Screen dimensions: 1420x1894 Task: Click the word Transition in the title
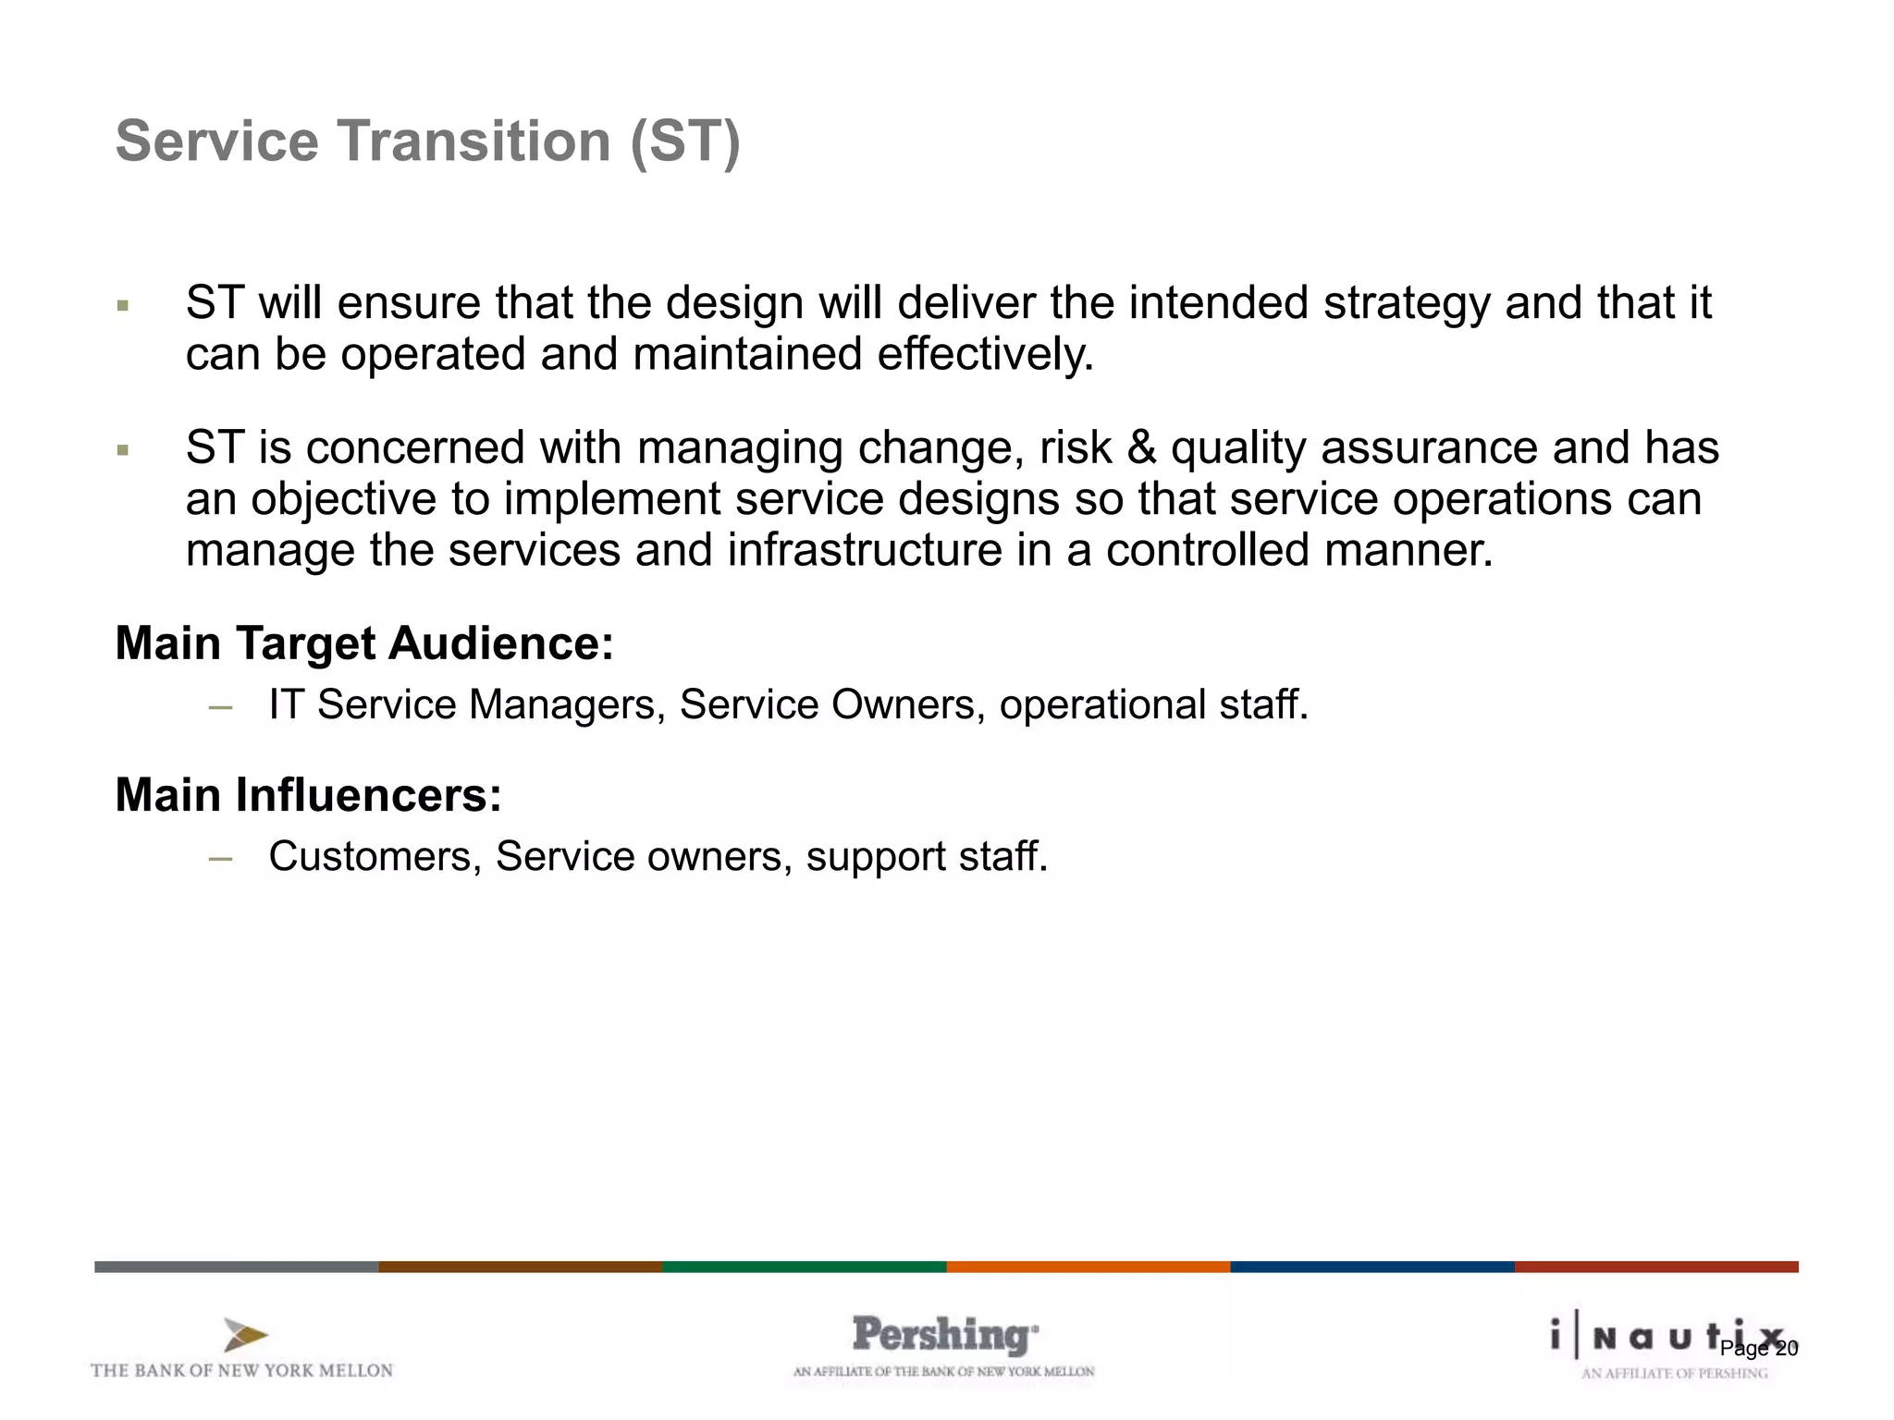(473, 141)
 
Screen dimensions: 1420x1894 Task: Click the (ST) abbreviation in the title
(685, 141)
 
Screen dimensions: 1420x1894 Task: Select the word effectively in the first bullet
(985, 355)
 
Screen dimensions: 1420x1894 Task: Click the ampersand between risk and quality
(1142, 448)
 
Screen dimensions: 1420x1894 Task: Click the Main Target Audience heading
(364, 643)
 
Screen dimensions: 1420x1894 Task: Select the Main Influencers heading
(308, 795)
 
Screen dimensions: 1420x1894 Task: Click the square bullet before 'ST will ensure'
(123, 306)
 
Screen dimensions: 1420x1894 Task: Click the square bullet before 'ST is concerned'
(123, 451)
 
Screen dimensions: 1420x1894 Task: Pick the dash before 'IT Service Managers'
(220, 707)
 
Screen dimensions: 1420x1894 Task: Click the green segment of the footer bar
(805, 1267)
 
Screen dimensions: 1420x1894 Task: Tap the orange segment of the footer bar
(1088, 1267)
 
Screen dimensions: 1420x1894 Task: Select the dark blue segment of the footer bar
(1372, 1267)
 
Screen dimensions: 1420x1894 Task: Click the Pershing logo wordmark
(944, 1336)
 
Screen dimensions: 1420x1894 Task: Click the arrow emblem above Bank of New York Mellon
(244, 1335)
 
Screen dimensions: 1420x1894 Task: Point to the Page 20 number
(1759, 1349)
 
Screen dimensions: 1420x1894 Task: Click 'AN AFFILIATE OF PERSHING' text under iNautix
(1674, 1374)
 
